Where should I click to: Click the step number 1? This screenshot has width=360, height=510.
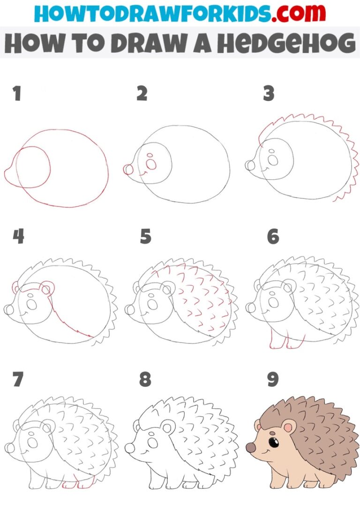[17, 94]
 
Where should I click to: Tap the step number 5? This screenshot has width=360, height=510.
[146, 237]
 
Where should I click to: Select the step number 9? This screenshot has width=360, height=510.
[272, 380]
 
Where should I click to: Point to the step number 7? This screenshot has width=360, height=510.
[18, 380]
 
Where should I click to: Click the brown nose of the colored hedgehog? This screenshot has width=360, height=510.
[251, 449]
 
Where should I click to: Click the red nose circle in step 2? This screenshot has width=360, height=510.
[128, 169]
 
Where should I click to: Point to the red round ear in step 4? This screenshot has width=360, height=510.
[47, 288]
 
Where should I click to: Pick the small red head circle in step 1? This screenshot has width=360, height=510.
[33, 167]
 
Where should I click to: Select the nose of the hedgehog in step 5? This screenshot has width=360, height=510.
[129, 309]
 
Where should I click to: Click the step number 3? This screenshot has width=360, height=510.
[268, 94]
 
